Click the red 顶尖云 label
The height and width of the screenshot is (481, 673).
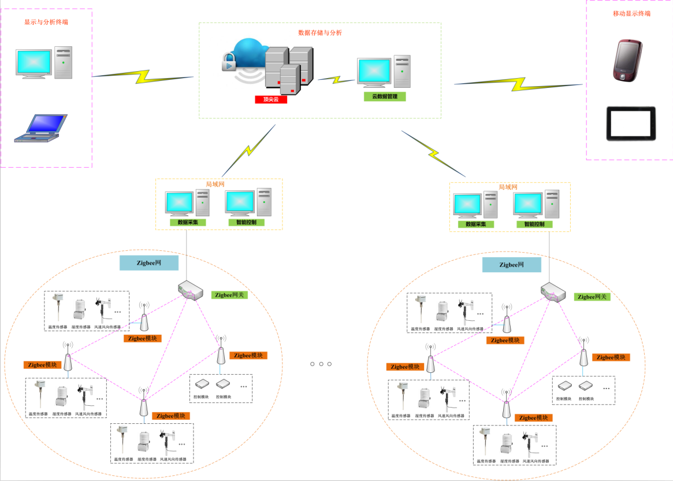(271, 99)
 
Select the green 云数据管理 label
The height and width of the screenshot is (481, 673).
(385, 97)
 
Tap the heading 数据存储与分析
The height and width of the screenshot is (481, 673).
(319, 33)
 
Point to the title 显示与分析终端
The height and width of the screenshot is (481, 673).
(46, 22)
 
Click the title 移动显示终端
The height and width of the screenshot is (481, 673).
(631, 13)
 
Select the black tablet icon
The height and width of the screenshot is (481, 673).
(631, 123)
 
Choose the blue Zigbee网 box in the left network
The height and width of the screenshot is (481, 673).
(149, 262)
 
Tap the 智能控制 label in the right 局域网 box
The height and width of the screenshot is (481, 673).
(538, 224)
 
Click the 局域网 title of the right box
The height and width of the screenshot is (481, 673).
(508, 187)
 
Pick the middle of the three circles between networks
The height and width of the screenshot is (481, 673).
(321, 364)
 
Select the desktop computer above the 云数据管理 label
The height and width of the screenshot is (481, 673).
(384, 72)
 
